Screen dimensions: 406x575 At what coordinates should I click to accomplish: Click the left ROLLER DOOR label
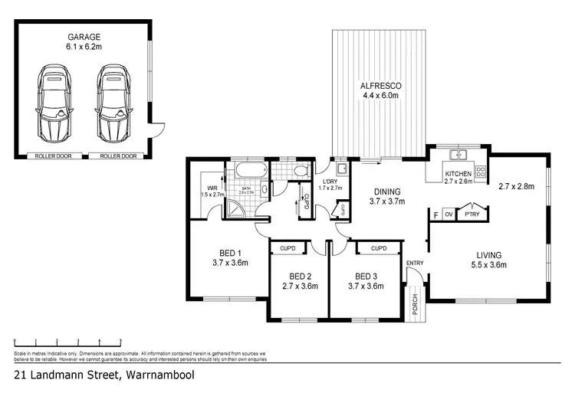(x=51, y=156)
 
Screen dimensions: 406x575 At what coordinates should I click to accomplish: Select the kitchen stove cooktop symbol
(x=481, y=172)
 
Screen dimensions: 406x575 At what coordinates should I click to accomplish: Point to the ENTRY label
(x=415, y=264)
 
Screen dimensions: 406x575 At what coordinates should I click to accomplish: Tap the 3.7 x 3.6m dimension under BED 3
(x=365, y=286)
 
